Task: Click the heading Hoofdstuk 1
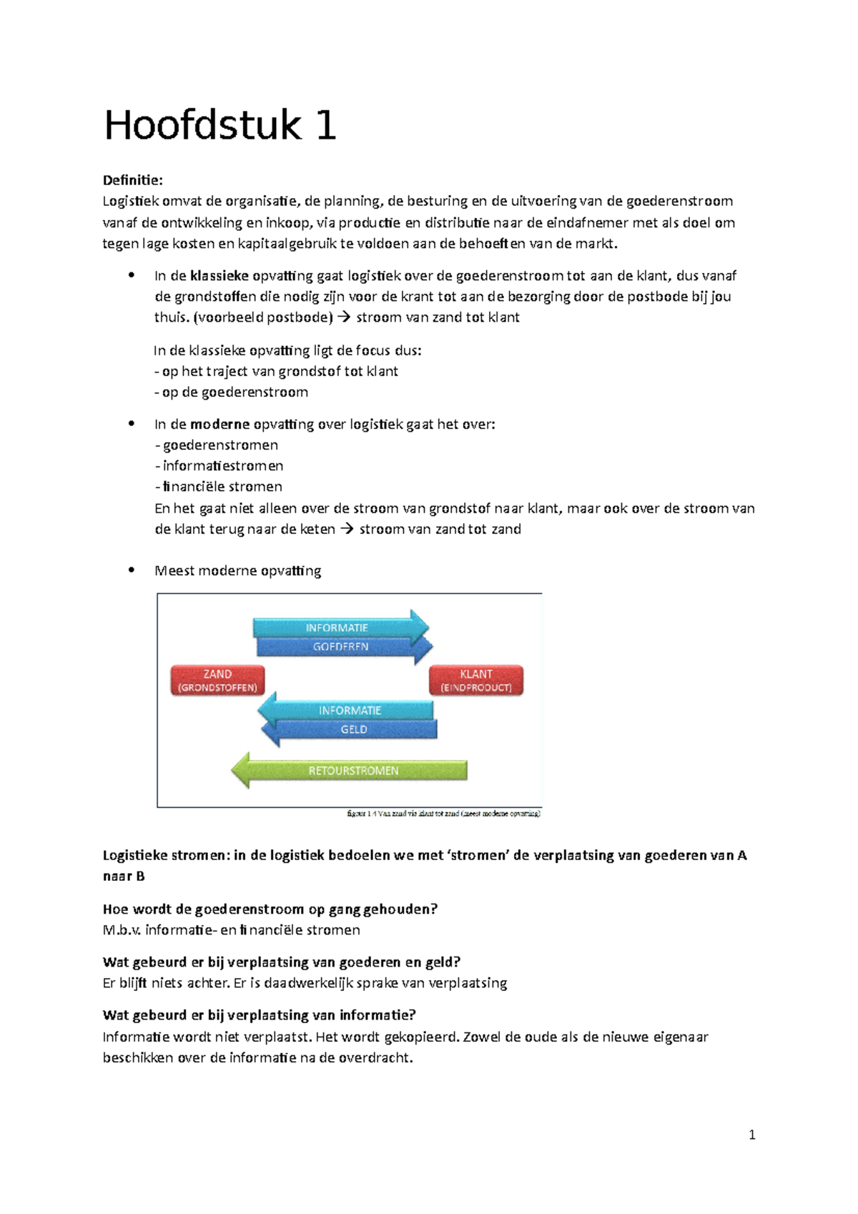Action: point(220,126)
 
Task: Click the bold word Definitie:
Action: point(133,180)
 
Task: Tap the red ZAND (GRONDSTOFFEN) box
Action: point(217,681)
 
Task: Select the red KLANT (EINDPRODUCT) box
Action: point(476,681)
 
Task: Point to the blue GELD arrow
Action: point(353,730)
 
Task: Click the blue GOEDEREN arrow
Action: point(342,647)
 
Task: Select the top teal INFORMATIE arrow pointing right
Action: point(337,628)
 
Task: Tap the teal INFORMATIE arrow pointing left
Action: point(350,710)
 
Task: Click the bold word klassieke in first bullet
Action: point(220,276)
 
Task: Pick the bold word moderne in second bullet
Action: point(220,425)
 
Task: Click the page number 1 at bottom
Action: point(751,1135)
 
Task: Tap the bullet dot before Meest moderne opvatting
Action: point(131,570)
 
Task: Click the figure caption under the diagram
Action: point(443,814)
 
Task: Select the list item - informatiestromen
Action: point(220,466)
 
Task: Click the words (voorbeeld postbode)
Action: point(263,317)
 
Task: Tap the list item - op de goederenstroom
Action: point(232,393)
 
